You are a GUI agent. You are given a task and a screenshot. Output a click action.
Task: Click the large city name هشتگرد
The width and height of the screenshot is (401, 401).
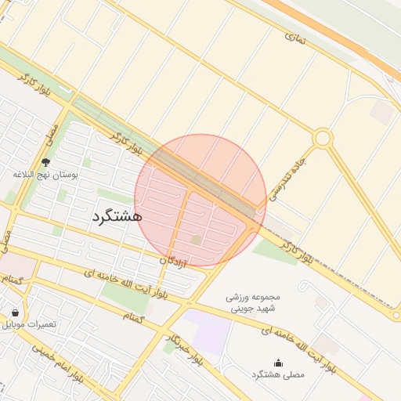click(116, 215)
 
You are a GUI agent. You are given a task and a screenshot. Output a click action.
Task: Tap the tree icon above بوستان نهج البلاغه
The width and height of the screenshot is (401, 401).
click(46, 162)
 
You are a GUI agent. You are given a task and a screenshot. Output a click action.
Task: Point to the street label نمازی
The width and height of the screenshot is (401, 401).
click(294, 36)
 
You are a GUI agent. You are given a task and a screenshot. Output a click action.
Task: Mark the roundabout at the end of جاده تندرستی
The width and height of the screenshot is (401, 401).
click(322, 139)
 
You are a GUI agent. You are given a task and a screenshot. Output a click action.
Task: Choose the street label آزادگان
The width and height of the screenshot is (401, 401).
click(174, 259)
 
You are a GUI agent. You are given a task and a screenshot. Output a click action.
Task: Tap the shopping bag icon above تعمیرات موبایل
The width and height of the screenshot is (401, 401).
click(15, 312)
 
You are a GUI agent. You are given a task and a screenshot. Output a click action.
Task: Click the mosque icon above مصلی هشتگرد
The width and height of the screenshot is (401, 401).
click(278, 362)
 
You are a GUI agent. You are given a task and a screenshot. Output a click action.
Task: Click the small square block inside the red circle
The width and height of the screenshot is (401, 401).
click(197, 239)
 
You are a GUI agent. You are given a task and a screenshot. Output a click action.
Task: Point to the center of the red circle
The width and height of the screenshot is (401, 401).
click(200, 200)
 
